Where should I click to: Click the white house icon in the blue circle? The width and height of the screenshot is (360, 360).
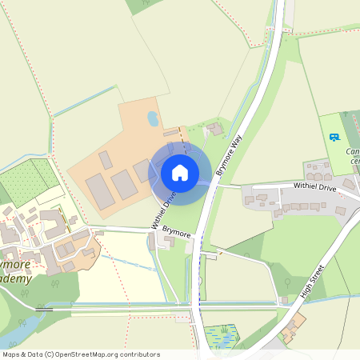(x=180, y=172)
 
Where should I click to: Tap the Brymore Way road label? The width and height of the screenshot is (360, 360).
(x=230, y=153)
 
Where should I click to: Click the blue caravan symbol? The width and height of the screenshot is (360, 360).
(x=334, y=137)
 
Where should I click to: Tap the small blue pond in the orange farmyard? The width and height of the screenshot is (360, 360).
(x=153, y=119)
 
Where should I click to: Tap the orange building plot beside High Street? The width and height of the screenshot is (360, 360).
(x=294, y=324)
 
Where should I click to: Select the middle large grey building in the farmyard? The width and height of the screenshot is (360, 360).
(x=124, y=185)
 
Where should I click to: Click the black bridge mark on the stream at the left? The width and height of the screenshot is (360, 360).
(x=45, y=308)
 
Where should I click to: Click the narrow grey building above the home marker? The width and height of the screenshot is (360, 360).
(x=172, y=133)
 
